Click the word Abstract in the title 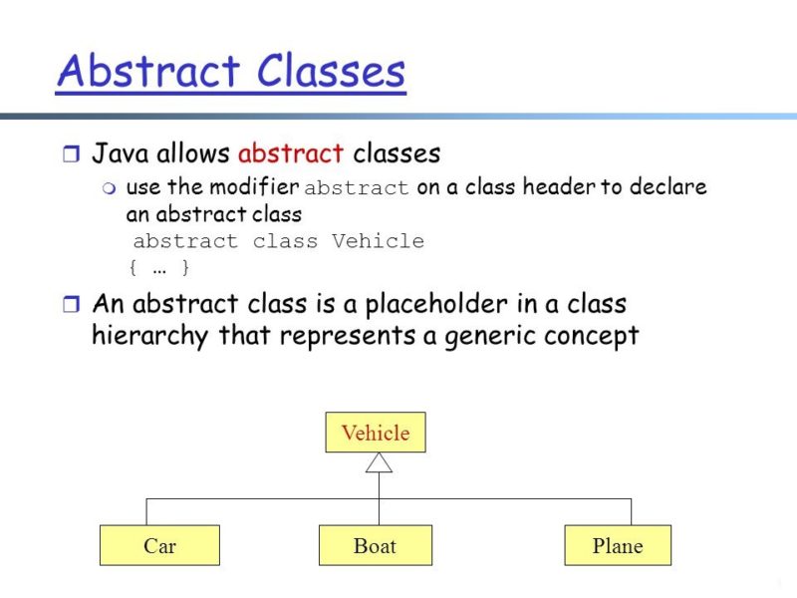(147, 72)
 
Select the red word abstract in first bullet (291, 153)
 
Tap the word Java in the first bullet (121, 153)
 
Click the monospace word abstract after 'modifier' (356, 188)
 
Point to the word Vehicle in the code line (378, 241)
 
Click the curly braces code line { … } (159, 267)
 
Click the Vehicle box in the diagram (376, 433)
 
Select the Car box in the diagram (159, 546)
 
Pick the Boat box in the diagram (375, 546)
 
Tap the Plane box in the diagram (618, 546)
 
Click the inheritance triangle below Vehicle (379, 462)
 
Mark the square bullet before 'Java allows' (69, 154)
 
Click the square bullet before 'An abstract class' (69, 304)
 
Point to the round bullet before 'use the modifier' (110, 188)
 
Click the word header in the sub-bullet (559, 187)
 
